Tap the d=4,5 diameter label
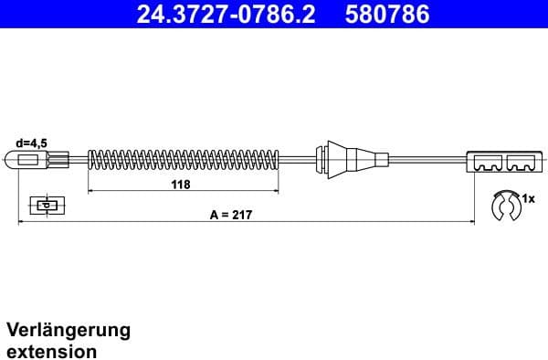click(32, 143)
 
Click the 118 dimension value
click(181, 184)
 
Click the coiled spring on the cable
click(183, 161)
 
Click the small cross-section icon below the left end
click(44, 205)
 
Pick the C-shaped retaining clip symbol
click(503, 206)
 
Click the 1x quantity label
click(528, 196)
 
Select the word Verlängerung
click(68, 330)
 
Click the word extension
click(52, 350)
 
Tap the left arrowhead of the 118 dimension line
click(90, 192)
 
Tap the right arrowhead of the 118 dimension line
click(276, 192)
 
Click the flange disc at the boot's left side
click(320, 161)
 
